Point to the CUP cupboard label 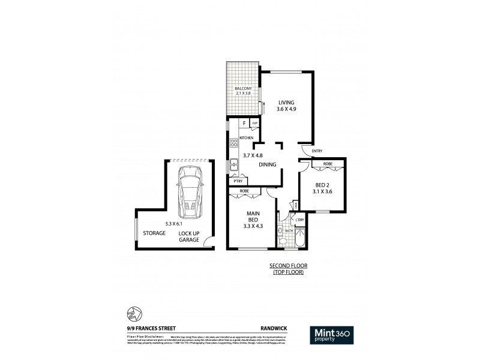(255, 124)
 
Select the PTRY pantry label (238, 181)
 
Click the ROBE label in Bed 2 (328, 164)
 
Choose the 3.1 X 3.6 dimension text (323, 193)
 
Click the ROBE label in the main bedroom (244, 191)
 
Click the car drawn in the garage (190, 192)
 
